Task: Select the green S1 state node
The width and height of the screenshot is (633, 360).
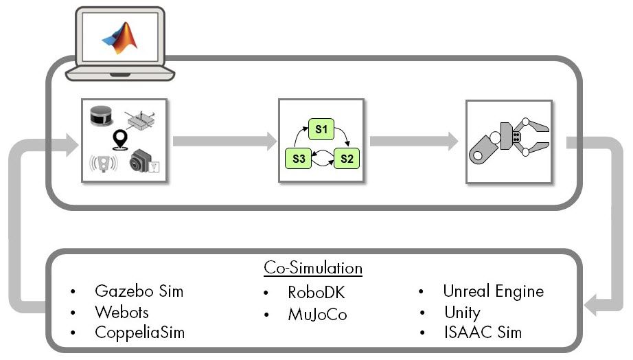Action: pyautogui.click(x=321, y=129)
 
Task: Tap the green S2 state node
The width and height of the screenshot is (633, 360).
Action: pyautogui.click(x=346, y=159)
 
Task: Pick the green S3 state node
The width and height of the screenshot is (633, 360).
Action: pyautogui.click(x=297, y=159)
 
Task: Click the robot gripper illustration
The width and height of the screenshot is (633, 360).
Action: pyautogui.click(x=512, y=142)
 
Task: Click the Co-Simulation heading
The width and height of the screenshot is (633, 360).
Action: pyautogui.click(x=313, y=267)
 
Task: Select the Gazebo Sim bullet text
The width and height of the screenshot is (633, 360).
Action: pyautogui.click(x=139, y=291)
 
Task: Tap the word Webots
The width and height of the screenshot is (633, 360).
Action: pyautogui.click(x=122, y=312)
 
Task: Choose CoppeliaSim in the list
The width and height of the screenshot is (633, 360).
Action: pyautogui.click(x=139, y=333)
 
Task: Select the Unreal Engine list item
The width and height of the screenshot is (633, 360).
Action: pyautogui.click(x=493, y=291)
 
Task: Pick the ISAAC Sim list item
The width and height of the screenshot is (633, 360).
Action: pyautogui.click(x=482, y=333)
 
